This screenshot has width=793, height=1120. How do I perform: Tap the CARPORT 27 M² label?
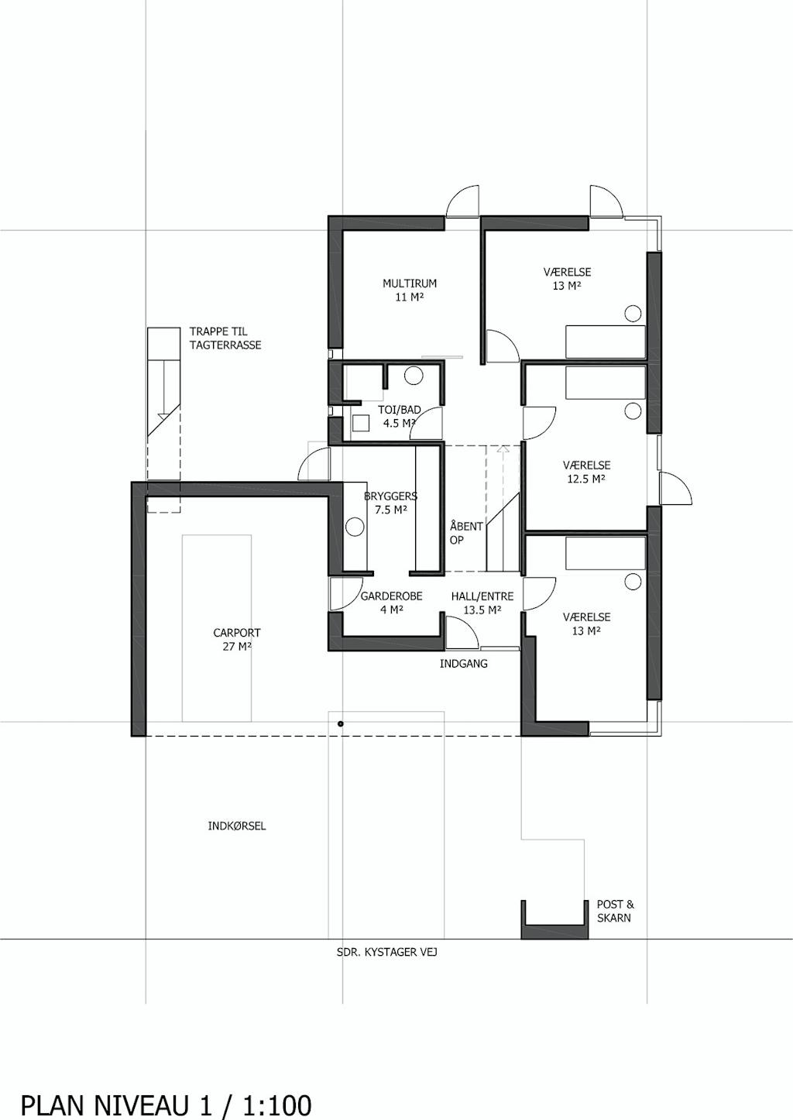[236, 640]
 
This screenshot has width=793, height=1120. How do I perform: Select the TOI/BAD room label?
[399, 417]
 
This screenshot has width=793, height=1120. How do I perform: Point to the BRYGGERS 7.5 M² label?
[390, 503]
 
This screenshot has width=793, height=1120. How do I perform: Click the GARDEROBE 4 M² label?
[392, 603]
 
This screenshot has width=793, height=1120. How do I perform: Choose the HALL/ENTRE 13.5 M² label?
[482, 603]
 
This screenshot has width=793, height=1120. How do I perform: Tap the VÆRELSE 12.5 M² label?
[586, 472]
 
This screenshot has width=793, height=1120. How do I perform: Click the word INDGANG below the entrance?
[464, 664]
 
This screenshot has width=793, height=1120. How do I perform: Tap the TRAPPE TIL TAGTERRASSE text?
[225, 338]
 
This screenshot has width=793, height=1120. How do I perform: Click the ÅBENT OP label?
[466, 532]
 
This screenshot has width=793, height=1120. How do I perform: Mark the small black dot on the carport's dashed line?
[341, 723]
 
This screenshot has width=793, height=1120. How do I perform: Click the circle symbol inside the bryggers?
[355, 527]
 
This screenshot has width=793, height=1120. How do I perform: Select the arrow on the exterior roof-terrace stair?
[163, 416]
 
